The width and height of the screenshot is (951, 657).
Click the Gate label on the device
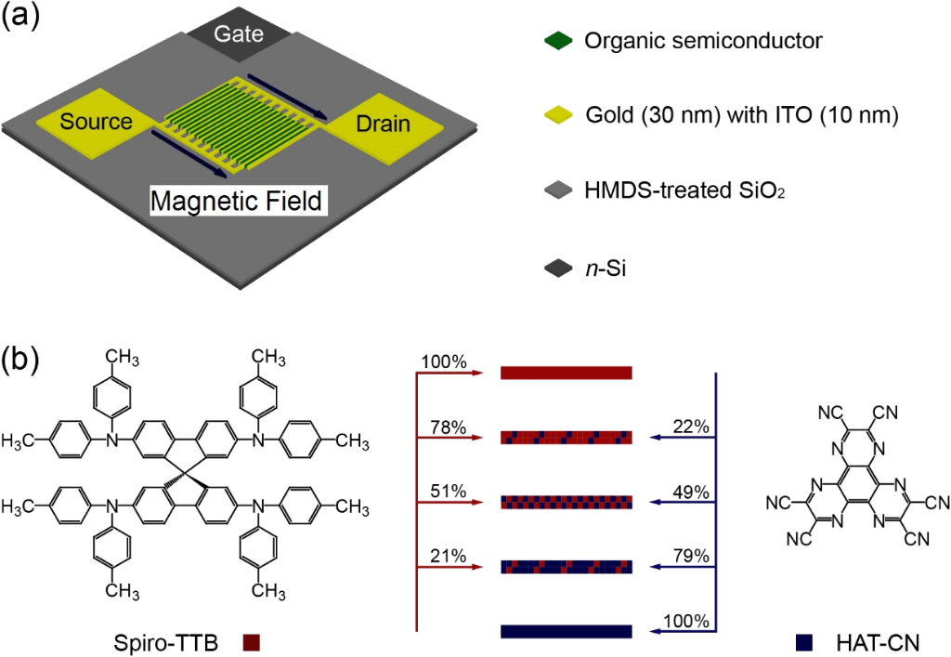coord(239,34)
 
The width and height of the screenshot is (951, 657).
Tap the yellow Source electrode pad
coord(96,122)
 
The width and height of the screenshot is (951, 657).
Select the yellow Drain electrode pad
coord(382,125)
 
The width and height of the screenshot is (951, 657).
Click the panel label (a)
coord(22,18)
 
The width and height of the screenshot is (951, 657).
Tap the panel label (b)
coord(22,360)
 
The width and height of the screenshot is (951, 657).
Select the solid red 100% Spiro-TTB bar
coord(567,373)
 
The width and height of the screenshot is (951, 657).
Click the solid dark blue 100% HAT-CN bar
coord(567,632)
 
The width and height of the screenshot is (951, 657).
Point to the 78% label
coord(448,427)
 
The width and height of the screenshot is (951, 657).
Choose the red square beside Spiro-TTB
coord(251,641)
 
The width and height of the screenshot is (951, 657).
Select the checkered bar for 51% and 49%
coord(567,502)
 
